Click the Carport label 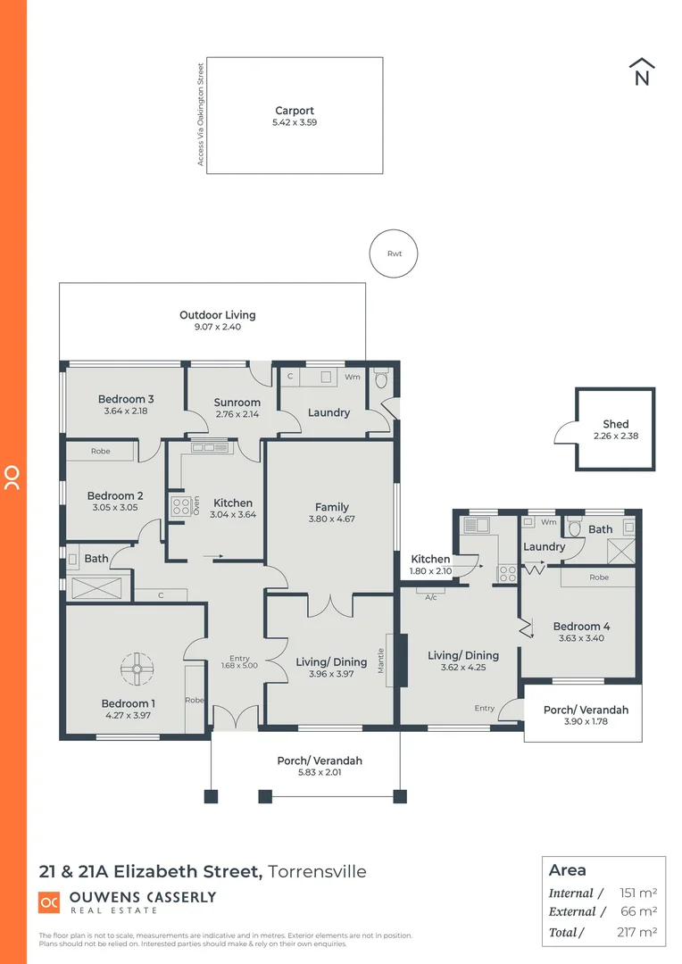(x=294, y=111)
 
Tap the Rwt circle (x=394, y=253)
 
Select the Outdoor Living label (x=217, y=315)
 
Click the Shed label (x=616, y=424)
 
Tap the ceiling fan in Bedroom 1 (x=137, y=668)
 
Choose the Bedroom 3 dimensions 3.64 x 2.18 (x=126, y=411)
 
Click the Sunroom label (x=237, y=403)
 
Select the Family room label (x=331, y=507)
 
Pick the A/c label (x=431, y=597)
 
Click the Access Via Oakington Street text (x=201, y=113)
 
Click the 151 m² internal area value (x=638, y=893)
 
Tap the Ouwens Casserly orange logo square (x=49, y=902)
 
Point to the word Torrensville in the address (x=318, y=871)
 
